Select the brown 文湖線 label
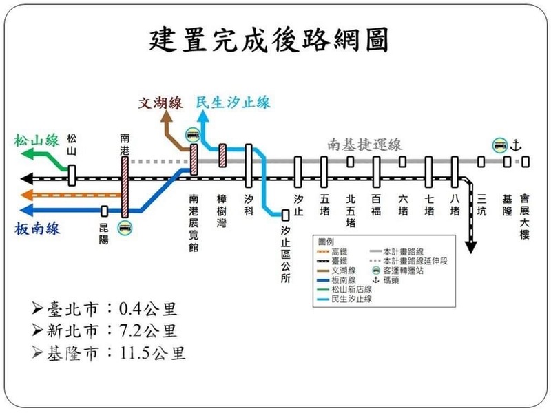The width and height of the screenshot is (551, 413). coord(160,103)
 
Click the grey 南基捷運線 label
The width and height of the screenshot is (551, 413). coord(365,145)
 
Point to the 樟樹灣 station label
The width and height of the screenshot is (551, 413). coord(222,210)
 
